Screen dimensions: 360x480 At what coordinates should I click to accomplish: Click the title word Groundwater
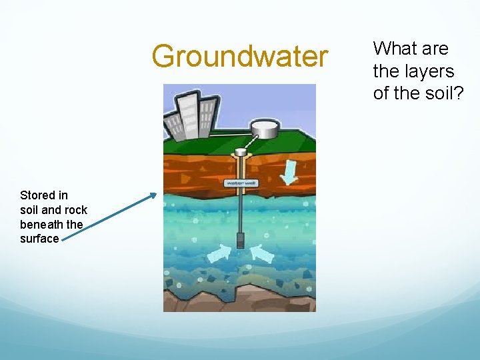(240, 56)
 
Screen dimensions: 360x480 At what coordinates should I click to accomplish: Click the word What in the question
(391, 49)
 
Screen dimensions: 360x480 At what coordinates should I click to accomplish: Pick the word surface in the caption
(39, 239)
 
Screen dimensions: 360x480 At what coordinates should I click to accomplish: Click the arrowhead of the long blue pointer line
(153, 195)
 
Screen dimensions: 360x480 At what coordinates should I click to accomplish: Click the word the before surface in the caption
(74, 225)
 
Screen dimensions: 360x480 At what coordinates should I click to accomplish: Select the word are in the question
(435, 49)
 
